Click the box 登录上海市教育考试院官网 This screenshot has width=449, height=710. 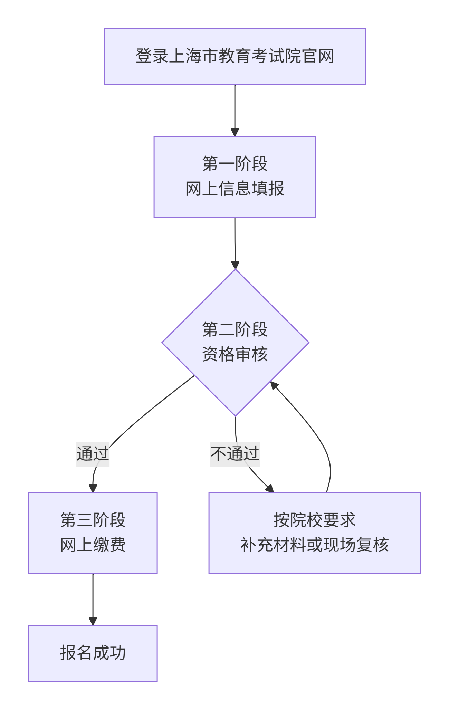click(235, 57)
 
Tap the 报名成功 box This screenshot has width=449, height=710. click(93, 653)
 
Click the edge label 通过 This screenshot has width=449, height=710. click(93, 454)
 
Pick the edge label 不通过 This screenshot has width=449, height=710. click(235, 454)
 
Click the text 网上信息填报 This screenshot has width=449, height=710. click(235, 189)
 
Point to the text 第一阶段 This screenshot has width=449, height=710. click(235, 164)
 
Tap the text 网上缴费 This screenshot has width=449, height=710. click(93, 545)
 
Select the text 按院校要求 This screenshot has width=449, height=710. click(314, 520)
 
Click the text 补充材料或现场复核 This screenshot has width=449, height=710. click(314, 545)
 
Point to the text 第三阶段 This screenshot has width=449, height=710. click(93, 520)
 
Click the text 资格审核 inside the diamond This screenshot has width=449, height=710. click(235, 355)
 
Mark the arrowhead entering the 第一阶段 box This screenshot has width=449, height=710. click(235, 132)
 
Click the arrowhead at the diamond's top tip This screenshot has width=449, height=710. click(235, 265)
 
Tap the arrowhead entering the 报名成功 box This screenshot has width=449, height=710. click(93, 621)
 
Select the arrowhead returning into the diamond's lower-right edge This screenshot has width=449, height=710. click(274, 385)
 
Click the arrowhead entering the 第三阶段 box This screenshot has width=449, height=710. click(93, 488)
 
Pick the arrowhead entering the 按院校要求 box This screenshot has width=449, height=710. click(270, 488)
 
